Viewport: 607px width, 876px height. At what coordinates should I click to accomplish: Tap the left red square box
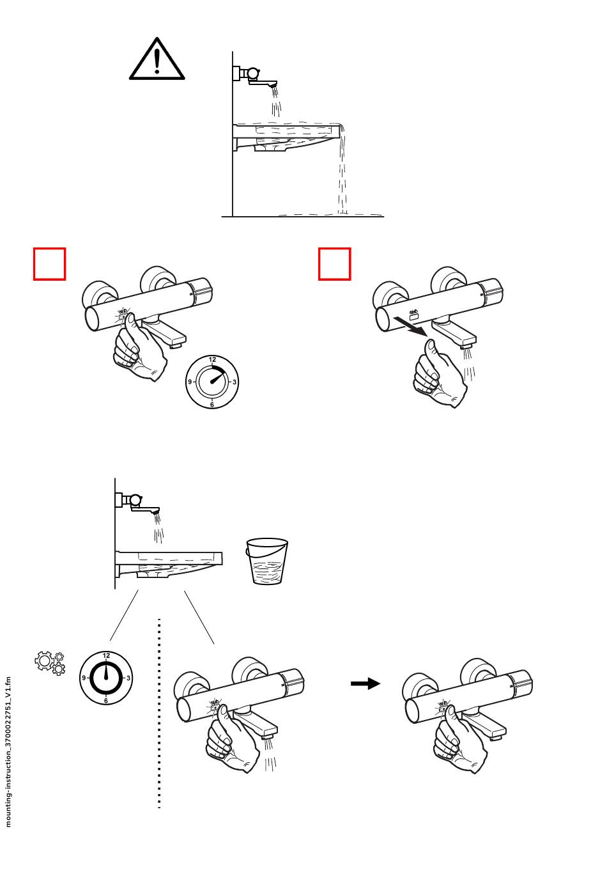(49, 264)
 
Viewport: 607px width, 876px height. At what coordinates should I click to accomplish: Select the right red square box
(334, 264)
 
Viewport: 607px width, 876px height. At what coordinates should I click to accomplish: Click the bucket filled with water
(266, 561)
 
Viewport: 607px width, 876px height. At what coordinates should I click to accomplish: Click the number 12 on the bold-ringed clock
(106, 655)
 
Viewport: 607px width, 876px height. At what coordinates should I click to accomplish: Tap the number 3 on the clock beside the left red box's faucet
(234, 382)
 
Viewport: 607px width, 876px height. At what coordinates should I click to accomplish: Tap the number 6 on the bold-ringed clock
(105, 700)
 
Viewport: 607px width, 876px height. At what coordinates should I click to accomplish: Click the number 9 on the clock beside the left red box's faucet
(190, 382)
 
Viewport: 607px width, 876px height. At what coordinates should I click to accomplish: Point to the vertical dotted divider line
(159, 714)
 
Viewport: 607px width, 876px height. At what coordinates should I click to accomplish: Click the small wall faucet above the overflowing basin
(255, 77)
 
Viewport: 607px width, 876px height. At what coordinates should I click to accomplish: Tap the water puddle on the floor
(330, 215)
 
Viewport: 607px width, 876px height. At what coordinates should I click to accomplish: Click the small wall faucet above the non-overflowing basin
(137, 503)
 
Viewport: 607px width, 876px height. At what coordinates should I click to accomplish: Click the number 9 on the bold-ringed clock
(84, 678)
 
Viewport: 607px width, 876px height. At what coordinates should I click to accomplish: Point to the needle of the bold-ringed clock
(105, 672)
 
